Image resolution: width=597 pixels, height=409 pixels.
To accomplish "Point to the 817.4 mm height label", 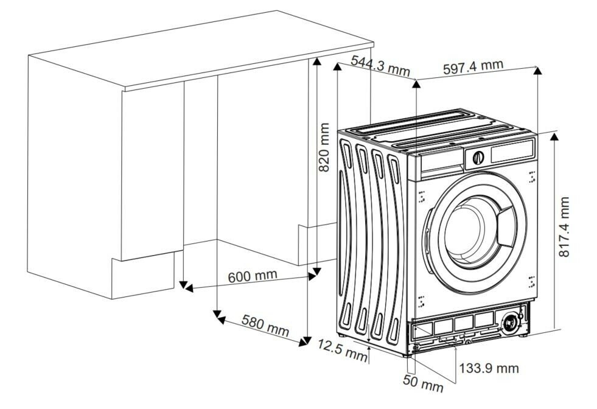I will (x=565, y=226).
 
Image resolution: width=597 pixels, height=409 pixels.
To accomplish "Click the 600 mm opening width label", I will (x=252, y=276).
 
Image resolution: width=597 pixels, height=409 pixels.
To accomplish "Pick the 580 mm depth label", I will (x=265, y=326).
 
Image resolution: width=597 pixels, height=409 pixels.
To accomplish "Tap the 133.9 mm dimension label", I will (x=489, y=368).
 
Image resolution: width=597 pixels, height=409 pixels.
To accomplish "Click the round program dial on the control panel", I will (x=478, y=156).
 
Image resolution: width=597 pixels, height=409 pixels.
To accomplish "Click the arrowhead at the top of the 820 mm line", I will (x=316, y=60).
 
